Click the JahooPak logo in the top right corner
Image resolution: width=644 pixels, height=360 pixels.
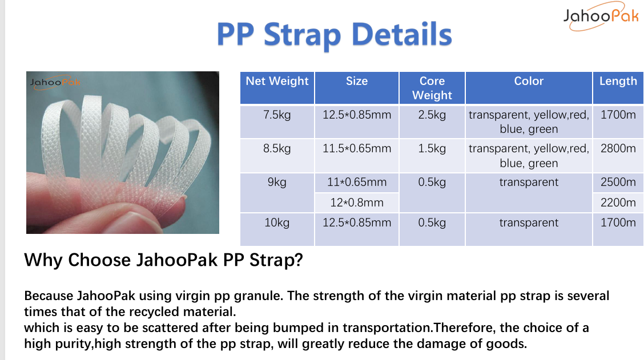[x=601, y=17]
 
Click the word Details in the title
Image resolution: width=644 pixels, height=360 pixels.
[x=402, y=34]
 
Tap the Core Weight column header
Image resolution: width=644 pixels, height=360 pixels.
[x=432, y=88]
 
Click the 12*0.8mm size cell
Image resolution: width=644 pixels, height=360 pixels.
[x=356, y=203]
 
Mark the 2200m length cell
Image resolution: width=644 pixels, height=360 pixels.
[x=618, y=203]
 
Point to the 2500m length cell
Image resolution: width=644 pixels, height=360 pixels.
[x=618, y=182]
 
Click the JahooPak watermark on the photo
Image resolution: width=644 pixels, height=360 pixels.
[x=55, y=82]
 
